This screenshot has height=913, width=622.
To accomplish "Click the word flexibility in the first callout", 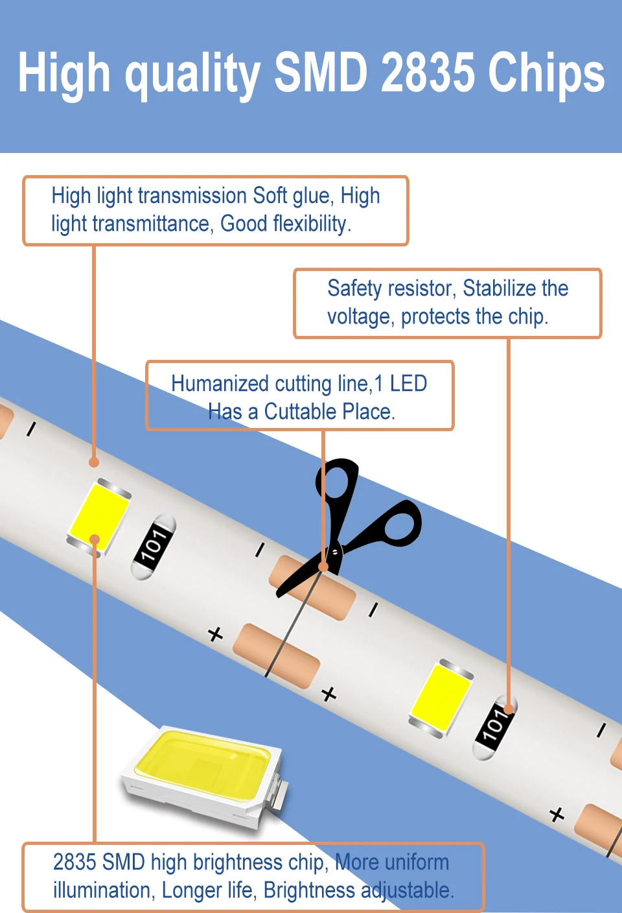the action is tap(310, 224).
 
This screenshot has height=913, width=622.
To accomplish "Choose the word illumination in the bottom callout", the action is tap(104, 890).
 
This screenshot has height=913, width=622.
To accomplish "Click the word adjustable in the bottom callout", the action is tap(406, 890).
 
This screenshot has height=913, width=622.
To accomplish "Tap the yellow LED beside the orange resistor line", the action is tap(441, 698).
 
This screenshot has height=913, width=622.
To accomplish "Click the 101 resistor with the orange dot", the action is tap(495, 725).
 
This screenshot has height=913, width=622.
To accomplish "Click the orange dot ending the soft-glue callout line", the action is tap(94, 462).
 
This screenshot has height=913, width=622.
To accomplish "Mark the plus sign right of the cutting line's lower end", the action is tap(329, 694).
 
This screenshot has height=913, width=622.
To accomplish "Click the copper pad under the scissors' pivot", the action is tap(312, 587).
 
